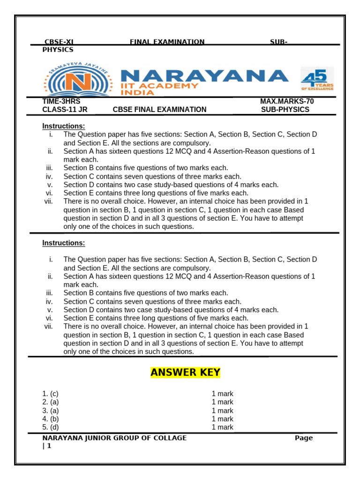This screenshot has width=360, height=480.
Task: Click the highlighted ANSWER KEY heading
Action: click(185, 373)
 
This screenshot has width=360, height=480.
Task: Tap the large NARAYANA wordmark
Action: click(204, 75)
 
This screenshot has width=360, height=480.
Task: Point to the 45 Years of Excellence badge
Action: click(317, 79)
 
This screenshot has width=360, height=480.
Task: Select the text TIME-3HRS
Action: click(58, 101)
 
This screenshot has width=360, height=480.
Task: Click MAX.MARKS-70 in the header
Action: click(287, 101)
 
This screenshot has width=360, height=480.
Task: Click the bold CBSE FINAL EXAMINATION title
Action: click(159, 110)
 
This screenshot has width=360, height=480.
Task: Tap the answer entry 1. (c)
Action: click(50, 394)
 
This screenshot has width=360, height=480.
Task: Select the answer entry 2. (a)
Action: click(50, 402)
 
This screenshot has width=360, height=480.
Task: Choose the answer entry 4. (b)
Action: click(50, 419)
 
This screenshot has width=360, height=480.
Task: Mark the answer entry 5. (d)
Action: click(50, 427)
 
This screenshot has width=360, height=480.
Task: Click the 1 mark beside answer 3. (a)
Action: click(222, 411)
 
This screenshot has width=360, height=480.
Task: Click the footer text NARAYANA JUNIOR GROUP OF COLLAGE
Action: click(114, 438)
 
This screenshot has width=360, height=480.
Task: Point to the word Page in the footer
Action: click(303, 438)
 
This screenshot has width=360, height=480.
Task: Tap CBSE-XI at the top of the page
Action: click(59, 42)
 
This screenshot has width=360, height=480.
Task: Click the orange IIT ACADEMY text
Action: click(159, 86)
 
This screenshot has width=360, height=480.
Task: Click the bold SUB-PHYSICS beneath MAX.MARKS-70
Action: click(285, 110)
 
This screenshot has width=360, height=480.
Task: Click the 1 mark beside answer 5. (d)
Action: click(222, 427)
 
